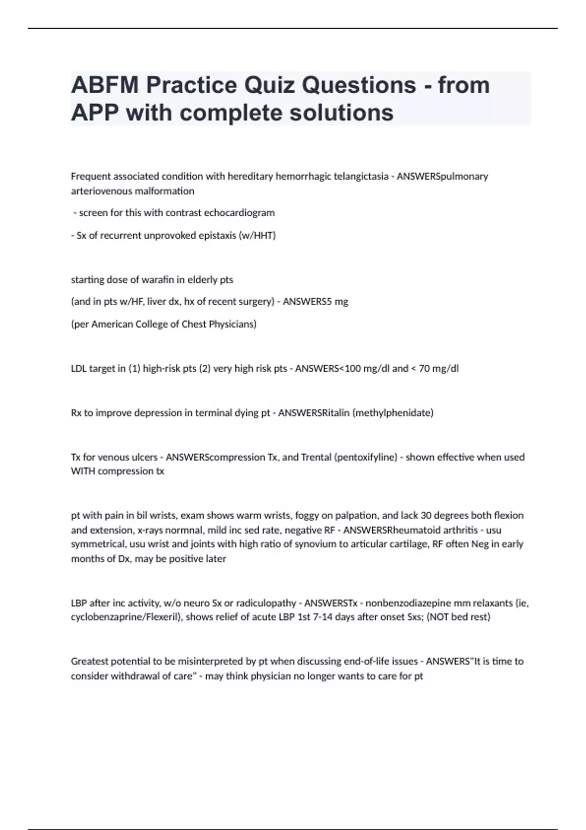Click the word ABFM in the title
[105, 85]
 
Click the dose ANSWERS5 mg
[315, 302]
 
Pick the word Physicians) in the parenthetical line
[232, 324]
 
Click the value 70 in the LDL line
[424, 369]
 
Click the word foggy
[307, 516]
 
